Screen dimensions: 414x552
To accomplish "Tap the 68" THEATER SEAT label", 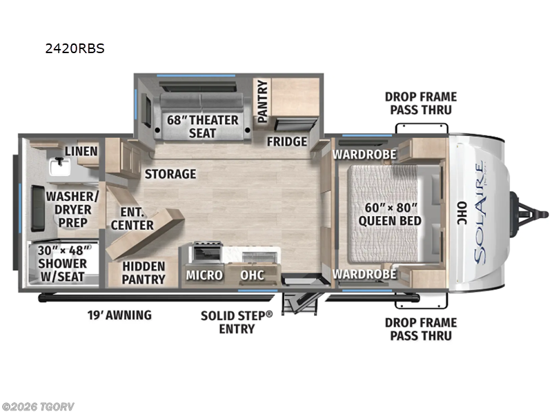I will tap(202, 126).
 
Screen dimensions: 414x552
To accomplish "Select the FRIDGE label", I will tap(287, 141).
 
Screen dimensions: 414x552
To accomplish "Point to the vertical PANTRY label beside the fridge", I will tap(262, 102).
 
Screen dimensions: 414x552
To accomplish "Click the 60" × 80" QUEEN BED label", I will tap(390, 214).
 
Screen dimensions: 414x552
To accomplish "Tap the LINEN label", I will tap(81, 151).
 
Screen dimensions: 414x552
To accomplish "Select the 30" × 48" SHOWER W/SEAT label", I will tap(62, 263).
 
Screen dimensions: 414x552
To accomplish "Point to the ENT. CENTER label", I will tap(132, 218).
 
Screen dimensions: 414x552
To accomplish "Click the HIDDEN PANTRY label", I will tap(144, 273).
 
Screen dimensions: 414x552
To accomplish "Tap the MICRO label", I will tap(204, 275).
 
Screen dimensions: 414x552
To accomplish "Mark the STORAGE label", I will tap(170, 174).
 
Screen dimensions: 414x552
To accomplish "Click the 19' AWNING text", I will tap(119, 315).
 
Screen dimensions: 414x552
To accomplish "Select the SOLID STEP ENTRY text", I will tap(237, 322).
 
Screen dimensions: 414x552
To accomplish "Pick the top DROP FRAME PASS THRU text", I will tap(420, 103).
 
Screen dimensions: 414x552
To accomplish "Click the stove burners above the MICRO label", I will tap(205, 250).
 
